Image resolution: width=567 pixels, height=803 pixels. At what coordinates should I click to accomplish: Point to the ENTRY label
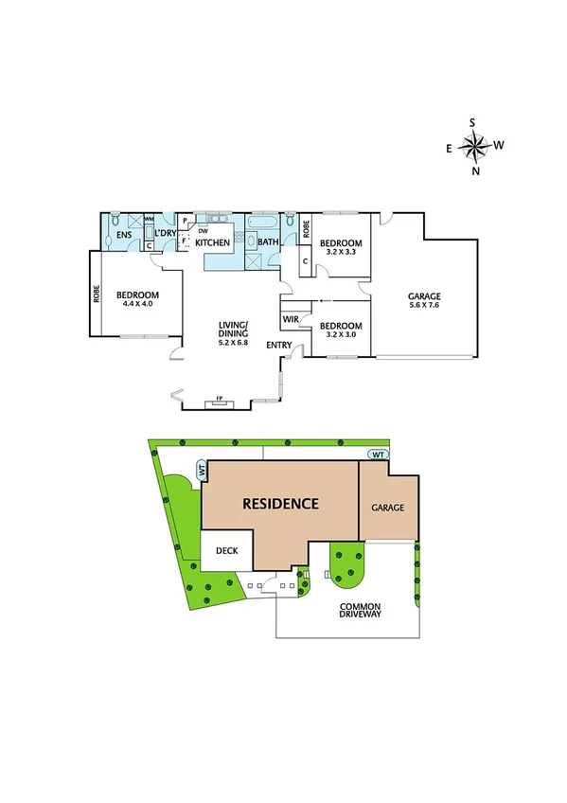278,346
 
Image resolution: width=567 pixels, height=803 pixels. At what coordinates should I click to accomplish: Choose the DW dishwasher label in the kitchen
203,230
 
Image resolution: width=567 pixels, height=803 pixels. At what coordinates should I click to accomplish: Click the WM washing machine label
149,219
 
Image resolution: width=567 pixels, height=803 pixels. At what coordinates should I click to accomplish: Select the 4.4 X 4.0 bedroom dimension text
134,305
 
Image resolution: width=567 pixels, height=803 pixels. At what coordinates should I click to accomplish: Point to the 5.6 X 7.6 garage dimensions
424,306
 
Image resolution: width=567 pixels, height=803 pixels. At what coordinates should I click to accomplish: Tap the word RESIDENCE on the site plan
280,503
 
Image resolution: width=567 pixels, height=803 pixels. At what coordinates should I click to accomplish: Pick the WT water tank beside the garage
378,455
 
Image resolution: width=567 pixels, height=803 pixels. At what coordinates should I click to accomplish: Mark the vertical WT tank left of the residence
201,470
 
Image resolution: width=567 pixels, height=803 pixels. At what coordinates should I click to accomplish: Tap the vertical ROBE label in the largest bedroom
97,294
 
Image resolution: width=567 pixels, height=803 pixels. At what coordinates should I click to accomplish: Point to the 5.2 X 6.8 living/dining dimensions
233,342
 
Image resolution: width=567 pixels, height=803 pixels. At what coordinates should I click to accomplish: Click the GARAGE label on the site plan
387,508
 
